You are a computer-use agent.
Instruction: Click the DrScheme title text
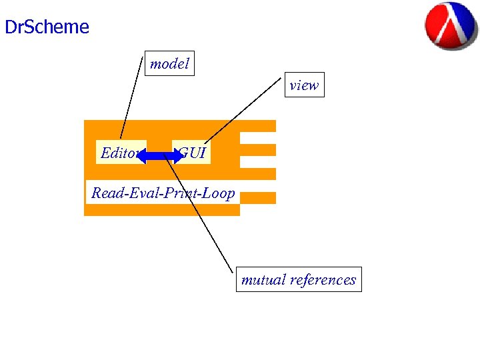[x=47, y=27]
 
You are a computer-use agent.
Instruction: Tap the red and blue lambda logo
[x=451, y=25]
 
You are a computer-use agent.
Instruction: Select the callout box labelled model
[x=169, y=64]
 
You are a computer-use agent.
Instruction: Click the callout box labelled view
[x=304, y=85]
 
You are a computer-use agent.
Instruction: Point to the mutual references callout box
[x=299, y=280]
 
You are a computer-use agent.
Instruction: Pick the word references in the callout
[x=323, y=280]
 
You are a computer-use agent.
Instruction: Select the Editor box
[x=118, y=153]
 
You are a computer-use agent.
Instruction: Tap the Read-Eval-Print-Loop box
[x=163, y=193]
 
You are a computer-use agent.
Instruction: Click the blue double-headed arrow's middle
[x=159, y=156]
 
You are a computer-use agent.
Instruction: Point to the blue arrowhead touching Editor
[x=142, y=156]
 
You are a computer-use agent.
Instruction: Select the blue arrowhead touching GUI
[x=176, y=156]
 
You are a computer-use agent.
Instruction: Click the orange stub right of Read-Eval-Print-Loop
[x=258, y=198]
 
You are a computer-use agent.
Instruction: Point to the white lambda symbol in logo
[x=452, y=25]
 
